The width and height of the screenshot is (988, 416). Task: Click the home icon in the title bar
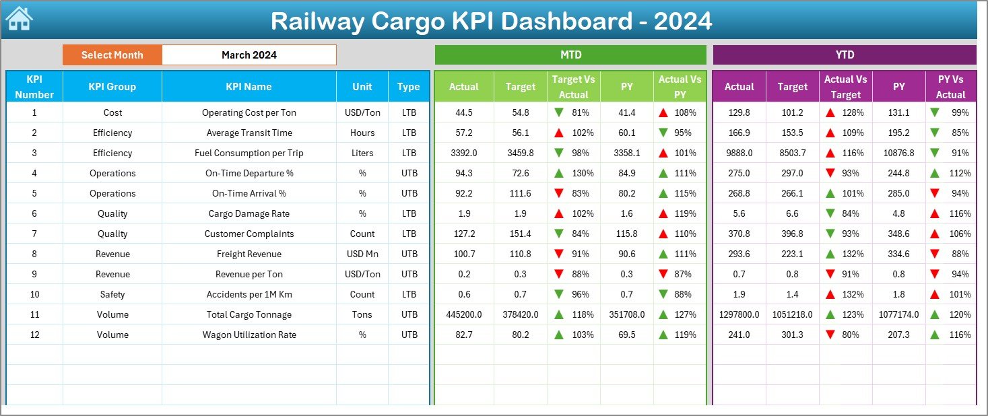(x=19, y=19)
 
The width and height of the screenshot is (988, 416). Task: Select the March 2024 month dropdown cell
(x=249, y=55)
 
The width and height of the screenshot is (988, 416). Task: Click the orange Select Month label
(x=112, y=55)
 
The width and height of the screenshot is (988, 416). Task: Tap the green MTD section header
(x=570, y=55)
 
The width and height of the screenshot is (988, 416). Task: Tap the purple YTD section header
(x=844, y=55)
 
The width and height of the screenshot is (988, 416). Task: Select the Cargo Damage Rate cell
(x=249, y=213)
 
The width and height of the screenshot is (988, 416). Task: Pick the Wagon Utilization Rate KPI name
(x=249, y=335)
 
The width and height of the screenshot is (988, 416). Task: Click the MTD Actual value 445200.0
(x=464, y=314)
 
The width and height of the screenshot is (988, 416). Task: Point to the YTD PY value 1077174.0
(x=898, y=314)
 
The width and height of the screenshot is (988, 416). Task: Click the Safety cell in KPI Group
(x=112, y=294)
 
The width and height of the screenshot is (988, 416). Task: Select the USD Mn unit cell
(x=362, y=254)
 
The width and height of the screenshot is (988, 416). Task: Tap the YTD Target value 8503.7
(x=792, y=153)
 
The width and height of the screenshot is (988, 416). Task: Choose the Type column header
(x=408, y=86)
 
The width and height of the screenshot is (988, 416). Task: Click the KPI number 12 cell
(x=34, y=335)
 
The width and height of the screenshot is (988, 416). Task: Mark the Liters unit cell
(x=362, y=153)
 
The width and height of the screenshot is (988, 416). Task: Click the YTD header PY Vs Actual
(x=950, y=86)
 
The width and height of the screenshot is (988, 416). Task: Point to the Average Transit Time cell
(x=249, y=133)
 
